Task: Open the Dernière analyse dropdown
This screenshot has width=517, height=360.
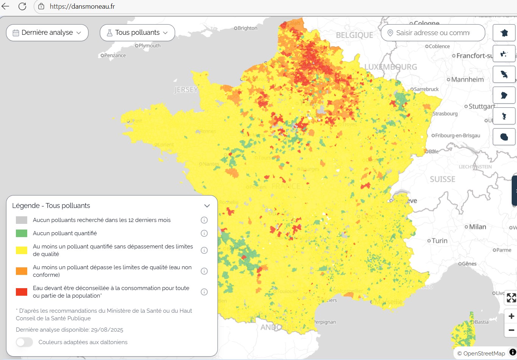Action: coord(47,33)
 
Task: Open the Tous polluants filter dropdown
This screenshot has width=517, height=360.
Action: coord(137,33)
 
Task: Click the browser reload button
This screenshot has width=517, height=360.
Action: coord(22,6)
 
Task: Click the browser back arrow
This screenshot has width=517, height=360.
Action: coord(6,6)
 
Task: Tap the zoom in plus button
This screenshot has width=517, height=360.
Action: coord(511,316)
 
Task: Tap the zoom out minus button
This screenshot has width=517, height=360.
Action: coord(511,330)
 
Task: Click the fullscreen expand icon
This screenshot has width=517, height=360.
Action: coord(511,298)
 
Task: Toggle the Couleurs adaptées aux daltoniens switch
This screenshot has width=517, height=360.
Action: coord(25,342)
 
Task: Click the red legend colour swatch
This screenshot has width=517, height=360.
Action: coord(22,292)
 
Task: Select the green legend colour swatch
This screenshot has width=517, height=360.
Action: coord(22,233)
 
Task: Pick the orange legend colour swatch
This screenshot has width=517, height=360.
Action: coord(22,271)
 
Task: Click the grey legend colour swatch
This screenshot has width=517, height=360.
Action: coord(22,220)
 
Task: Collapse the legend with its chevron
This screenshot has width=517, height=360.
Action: coord(207,206)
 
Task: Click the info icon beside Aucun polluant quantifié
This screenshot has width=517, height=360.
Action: coord(204,233)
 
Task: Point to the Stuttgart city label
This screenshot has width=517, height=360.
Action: coord(481,106)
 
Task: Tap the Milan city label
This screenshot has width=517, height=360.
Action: coord(477,227)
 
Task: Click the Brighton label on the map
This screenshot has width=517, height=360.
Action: coord(247,28)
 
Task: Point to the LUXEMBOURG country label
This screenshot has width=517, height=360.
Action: coord(391,67)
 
